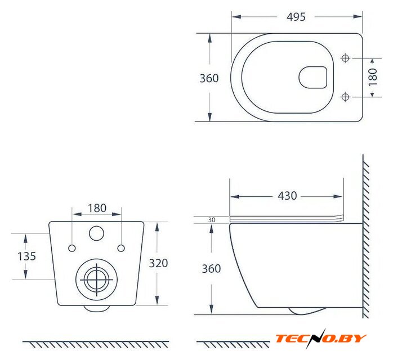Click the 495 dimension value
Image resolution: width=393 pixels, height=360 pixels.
(x=296, y=17)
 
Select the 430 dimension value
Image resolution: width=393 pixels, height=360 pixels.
(x=287, y=196)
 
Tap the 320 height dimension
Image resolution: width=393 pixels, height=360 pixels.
(x=158, y=263)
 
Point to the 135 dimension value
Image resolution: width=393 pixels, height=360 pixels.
(x=27, y=256)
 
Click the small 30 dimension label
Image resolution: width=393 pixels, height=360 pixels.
(x=212, y=220)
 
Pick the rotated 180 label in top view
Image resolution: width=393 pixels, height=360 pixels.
(x=373, y=77)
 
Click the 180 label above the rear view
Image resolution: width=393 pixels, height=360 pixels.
(x=97, y=208)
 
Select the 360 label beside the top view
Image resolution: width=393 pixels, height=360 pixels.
(x=209, y=78)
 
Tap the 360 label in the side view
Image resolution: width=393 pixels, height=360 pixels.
(x=211, y=269)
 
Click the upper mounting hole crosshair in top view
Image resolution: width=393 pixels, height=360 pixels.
(x=345, y=58)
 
